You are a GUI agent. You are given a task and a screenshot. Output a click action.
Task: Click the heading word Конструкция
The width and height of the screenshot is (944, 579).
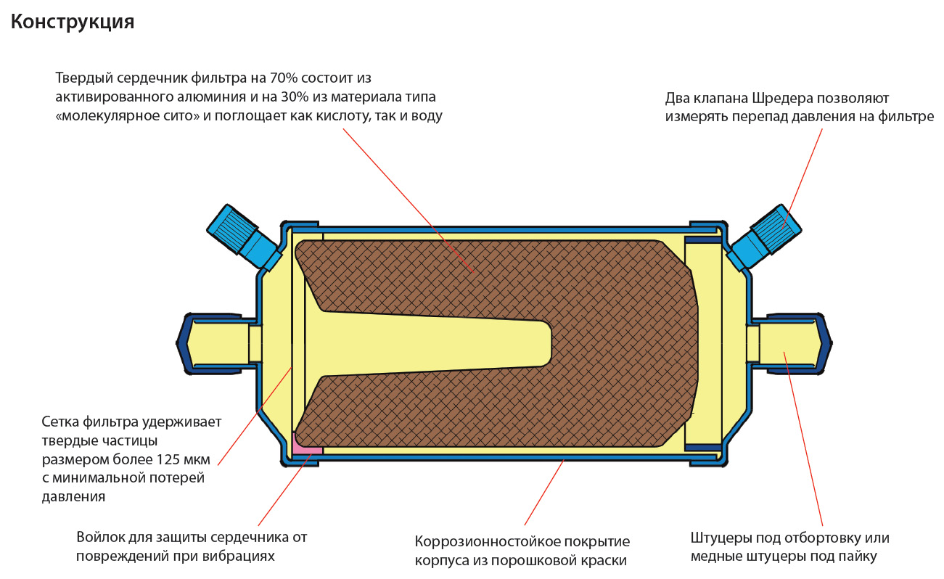[73, 22]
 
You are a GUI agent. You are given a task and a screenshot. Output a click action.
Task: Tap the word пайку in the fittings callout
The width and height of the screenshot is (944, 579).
[858, 557]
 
